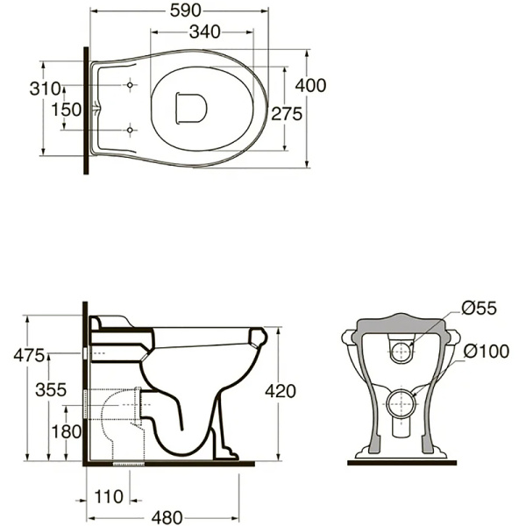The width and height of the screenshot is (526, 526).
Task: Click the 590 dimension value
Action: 185,11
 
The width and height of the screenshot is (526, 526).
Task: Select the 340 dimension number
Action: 204,32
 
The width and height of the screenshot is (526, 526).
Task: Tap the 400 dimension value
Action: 310,86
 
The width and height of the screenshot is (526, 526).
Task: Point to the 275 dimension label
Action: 287,114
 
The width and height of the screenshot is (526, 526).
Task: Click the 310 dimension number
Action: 45,89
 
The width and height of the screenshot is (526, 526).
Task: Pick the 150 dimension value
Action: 67,110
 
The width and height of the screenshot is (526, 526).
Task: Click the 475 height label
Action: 29,356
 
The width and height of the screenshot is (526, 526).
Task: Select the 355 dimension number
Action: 51,390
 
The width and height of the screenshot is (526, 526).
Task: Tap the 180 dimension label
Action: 67,431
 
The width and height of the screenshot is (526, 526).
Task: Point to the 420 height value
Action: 281,391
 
